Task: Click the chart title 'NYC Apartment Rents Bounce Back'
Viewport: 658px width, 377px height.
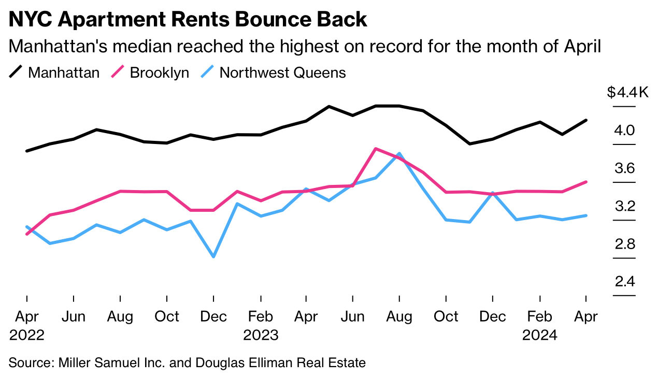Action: [188, 19]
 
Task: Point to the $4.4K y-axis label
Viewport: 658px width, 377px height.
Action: [627, 93]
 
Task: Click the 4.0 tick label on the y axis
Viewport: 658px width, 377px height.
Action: [624, 130]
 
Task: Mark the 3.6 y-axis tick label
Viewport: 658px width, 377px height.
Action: [624, 168]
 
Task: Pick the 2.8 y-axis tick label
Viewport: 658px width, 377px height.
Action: [624, 244]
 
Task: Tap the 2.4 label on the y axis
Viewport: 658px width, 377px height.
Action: [624, 282]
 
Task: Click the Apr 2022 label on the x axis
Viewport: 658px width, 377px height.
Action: [27, 325]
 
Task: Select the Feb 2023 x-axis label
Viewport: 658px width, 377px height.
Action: [261, 325]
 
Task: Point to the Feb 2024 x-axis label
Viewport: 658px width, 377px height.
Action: [540, 325]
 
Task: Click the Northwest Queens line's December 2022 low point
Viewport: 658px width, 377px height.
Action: [213, 257]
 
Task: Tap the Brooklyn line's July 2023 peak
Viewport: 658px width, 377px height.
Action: [376, 149]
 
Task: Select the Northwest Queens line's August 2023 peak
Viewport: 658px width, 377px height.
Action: [399, 154]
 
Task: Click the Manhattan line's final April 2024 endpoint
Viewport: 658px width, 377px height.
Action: [586, 120]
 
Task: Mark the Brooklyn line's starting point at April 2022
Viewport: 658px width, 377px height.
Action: [27, 234]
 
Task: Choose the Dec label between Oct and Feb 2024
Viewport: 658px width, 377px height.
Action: [492, 316]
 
